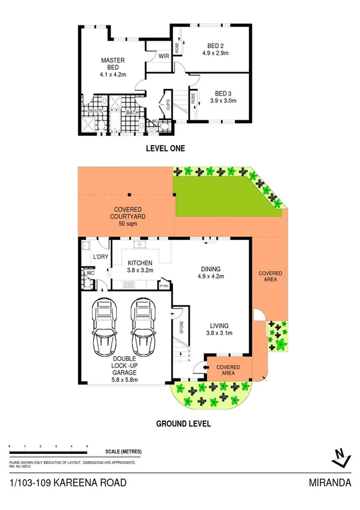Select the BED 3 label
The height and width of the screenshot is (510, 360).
tap(223, 94)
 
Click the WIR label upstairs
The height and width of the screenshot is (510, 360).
tap(163, 57)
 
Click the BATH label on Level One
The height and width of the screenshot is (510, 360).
tap(133, 112)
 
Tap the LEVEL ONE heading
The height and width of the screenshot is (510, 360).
tap(166, 148)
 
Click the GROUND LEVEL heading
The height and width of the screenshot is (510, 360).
tap(184, 423)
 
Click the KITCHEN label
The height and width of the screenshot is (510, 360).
tap(139, 263)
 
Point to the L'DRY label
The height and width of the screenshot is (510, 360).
tap(99, 257)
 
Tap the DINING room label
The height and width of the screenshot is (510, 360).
tap(211, 269)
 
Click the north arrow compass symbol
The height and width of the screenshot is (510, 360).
tap(341, 458)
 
